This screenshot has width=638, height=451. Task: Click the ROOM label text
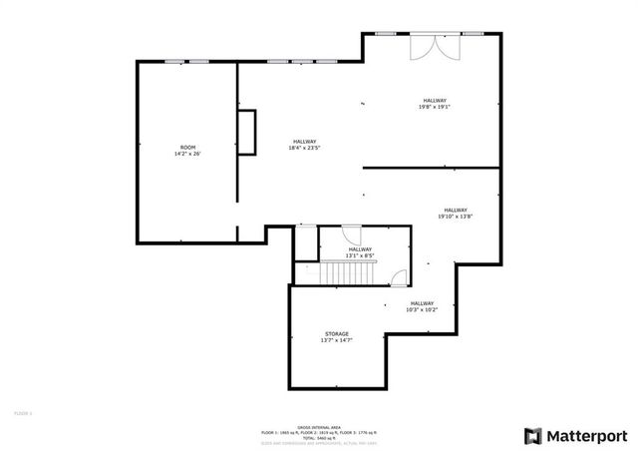(187, 147)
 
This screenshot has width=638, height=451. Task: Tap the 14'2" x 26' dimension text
(187, 154)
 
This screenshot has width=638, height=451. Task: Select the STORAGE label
(337, 333)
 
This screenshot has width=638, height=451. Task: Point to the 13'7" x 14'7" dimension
(337, 340)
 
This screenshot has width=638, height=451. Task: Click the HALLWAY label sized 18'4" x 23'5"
(304, 142)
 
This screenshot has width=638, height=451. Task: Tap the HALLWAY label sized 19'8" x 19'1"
(435, 100)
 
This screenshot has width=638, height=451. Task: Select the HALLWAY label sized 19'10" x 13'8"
(456, 210)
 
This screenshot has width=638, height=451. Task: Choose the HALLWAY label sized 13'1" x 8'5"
(359, 249)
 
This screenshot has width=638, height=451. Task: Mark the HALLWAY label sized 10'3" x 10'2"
(422, 303)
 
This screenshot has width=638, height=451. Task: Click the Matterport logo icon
(533, 435)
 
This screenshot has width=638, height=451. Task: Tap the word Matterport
(586, 435)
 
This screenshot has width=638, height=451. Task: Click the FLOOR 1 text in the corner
(22, 411)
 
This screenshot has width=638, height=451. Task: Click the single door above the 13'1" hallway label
(352, 235)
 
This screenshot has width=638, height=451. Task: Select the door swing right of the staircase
(399, 278)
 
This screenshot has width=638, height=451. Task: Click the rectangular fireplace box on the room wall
(246, 132)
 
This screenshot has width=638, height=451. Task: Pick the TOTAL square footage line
(319, 438)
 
